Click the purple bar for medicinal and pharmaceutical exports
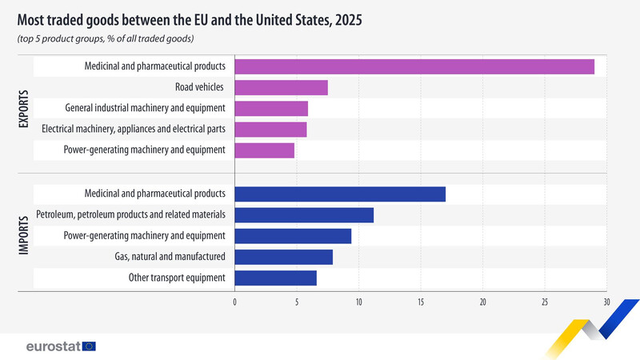coord(414,66)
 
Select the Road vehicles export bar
coord(281,87)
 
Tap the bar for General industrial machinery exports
coord(271,108)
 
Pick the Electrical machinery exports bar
coord(270,129)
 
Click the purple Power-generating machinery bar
coord(265,150)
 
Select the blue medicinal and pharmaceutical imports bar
coord(340,194)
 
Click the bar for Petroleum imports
coord(304,214)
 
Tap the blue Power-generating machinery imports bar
coord(293,235)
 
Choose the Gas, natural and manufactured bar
coord(283,257)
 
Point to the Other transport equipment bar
coord(275,278)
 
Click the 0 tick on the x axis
coord(234,302)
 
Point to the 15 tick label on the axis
coord(421,302)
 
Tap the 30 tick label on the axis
coord(606,302)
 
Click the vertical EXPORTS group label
coord(23,108)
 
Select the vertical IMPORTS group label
coord(23,235)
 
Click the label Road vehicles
coord(199,87)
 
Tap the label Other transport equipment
coord(177,278)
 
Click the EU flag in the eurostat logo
coord(88,346)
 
